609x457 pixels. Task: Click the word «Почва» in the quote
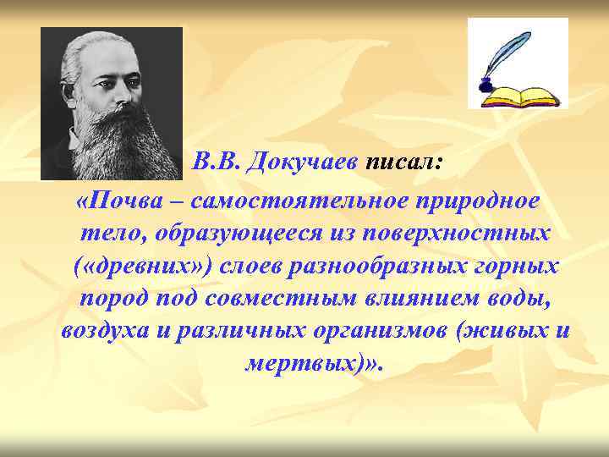(x=127, y=202)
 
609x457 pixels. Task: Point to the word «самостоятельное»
(x=301, y=202)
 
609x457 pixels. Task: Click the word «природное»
(x=477, y=202)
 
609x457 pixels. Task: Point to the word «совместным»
(x=272, y=298)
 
